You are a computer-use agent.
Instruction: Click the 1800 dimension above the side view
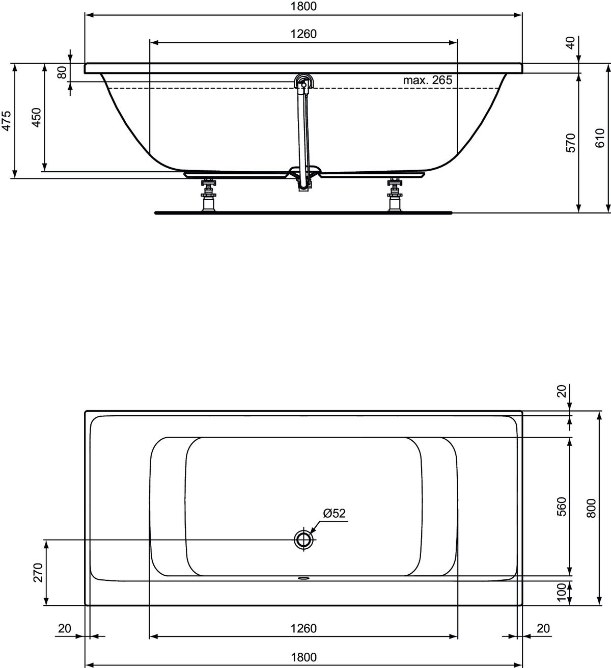pos(303,7)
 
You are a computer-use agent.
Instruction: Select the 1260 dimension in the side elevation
pos(303,34)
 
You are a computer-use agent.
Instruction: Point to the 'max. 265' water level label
pos(427,80)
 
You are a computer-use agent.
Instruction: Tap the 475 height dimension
pos(6,121)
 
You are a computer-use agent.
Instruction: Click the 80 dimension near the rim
pos(62,72)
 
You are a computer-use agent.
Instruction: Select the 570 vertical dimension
pos(570,143)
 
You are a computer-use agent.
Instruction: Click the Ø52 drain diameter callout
pos(334,513)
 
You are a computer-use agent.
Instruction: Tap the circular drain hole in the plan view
pos(303,539)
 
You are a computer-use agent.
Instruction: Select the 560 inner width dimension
pos(561,506)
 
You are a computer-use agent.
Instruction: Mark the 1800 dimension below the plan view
pos(303,657)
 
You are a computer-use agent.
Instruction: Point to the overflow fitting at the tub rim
pos(303,82)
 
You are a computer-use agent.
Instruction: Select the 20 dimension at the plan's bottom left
pos(65,628)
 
